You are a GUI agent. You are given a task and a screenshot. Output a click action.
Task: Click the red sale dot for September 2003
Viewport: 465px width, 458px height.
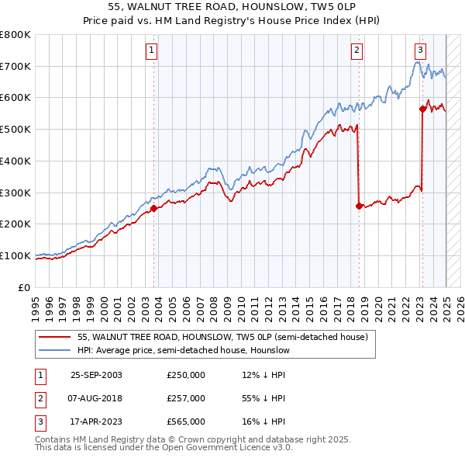click(x=153, y=208)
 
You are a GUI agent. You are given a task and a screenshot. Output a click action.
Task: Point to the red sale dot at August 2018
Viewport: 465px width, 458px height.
click(x=359, y=206)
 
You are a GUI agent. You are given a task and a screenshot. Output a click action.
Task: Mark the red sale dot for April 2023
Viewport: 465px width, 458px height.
click(x=423, y=109)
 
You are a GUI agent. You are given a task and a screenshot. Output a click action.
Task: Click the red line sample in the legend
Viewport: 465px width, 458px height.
click(x=55, y=337)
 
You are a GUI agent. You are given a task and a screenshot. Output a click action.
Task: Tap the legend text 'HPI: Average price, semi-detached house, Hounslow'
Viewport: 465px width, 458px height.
click(x=184, y=351)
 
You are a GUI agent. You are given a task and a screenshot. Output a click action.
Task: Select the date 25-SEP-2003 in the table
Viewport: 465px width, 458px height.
click(x=96, y=376)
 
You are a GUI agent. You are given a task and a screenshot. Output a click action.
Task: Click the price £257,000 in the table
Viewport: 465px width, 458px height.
click(x=186, y=398)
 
